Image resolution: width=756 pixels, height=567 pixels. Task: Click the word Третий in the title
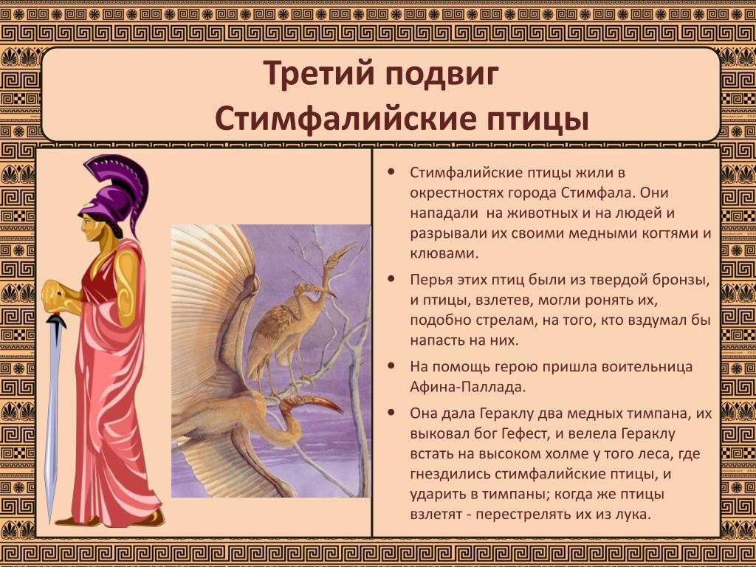pos(319,74)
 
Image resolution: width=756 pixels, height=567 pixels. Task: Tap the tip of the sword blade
pos(49,523)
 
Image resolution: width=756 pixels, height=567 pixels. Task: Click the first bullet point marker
pos(391,172)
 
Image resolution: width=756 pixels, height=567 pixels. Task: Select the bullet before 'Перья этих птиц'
pos(391,279)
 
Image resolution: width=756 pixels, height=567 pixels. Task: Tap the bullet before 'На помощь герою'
pos(391,366)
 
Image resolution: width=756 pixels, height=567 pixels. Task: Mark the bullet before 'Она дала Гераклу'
pos(391,413)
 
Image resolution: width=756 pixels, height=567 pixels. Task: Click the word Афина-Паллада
pos(467,387)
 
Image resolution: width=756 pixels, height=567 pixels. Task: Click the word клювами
pos(444,253)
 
